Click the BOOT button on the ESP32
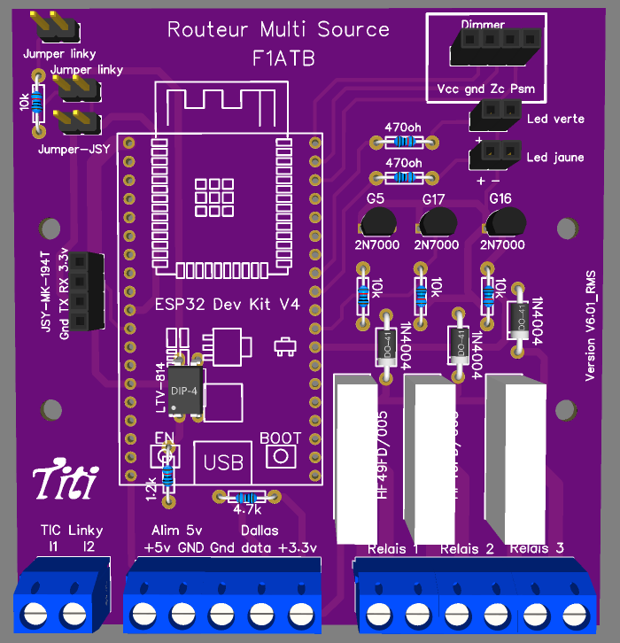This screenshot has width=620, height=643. pyautogui.click(x=281, y=455)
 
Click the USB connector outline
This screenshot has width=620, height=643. pyautogui.click(x=222, y=461)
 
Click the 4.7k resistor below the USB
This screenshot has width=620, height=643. pyautogui.click(x=246, y=497)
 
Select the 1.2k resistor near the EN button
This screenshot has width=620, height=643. pyautogui.click(x=167, y=479)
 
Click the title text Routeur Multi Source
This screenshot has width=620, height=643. pyautogui.click(x=278, y=29)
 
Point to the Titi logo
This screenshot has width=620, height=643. pyautogui.click(x=65, y=483)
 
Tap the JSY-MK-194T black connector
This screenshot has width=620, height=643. pyautogui.click(x=87, y=291)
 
